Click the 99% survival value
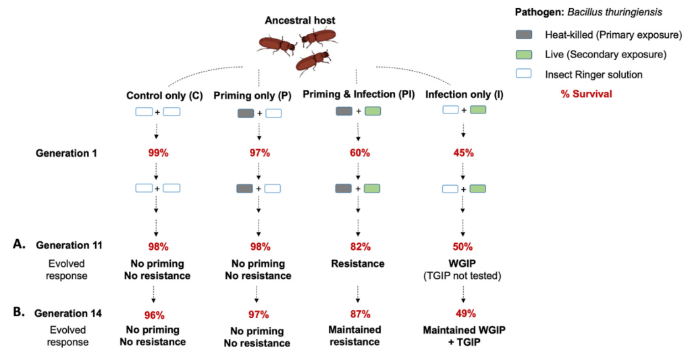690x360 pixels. pyautogui.click(x=158, y=153)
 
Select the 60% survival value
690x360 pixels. pyautogui.click(x=359, y=153)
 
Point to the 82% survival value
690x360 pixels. pyautogui.click(x=359, y=247)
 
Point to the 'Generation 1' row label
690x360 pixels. pyautogui.click(x=67, y=153)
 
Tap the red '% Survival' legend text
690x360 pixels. pyautogui.click(x=586, y=94)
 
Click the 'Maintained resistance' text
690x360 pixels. pyautogui.click(x=356, y=336)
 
